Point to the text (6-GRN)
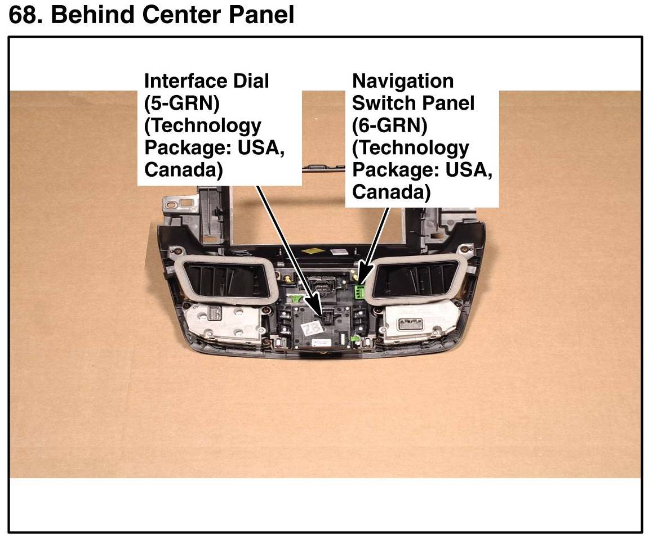(x=389, y=125)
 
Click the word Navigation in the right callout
(x=402, y=81)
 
